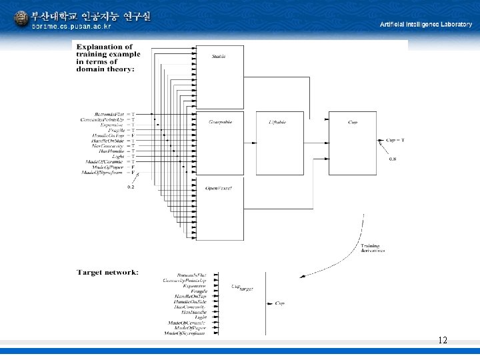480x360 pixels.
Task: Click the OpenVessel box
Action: pyautogui.click(x=219, y=207)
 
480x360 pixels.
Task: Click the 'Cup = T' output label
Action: pyautogui.click(x=395, y=140)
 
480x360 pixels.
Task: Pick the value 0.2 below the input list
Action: pyautogui.click(x=131, y=187)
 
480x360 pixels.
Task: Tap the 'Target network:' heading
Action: pyautogui.click(x=107, y=272)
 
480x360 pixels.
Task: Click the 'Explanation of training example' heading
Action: pyautogui.click(x=105, y=57)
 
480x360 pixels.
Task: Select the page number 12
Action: pyautogui.click(x=443, y=341)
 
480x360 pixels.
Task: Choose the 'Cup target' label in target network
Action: pyautogui.click(x=241, y=287)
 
